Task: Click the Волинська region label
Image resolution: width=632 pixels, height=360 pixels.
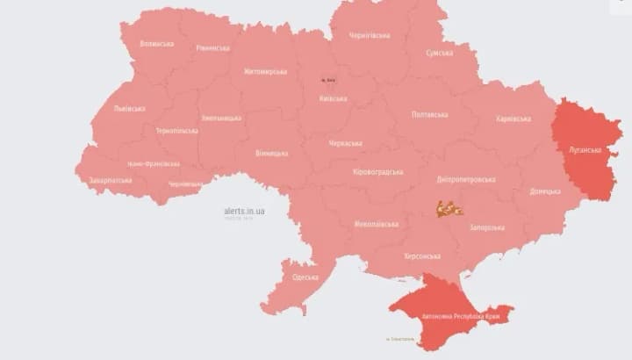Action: tap(157, 43)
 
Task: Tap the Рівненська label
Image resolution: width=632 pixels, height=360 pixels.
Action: tap(213, 47)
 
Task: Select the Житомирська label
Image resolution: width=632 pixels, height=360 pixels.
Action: tap(265, 71)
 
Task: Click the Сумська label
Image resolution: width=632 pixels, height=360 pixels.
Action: tap(439, 53)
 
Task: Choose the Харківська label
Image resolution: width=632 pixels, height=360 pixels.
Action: tap(513, 119)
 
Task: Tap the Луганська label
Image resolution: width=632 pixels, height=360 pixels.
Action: tap(584, 149)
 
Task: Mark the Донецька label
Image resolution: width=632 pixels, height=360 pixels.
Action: tap(545, 191)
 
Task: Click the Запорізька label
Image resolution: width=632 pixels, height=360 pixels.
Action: tap(486, 227)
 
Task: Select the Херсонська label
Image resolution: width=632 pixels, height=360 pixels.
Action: tap(421, 256)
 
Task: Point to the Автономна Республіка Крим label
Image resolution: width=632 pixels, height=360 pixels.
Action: tap(456, 312)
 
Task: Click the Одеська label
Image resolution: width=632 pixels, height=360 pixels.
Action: tap(305, 277)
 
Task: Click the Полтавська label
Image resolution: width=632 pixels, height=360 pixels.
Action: tap(429, 114)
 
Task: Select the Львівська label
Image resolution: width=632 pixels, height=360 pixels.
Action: tap(130, 109)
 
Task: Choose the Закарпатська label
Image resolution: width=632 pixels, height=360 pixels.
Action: tap(111, 180)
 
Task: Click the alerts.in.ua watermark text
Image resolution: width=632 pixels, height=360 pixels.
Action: tap(245, 211)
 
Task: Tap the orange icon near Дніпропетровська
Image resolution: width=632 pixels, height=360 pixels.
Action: tap(449, 209)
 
